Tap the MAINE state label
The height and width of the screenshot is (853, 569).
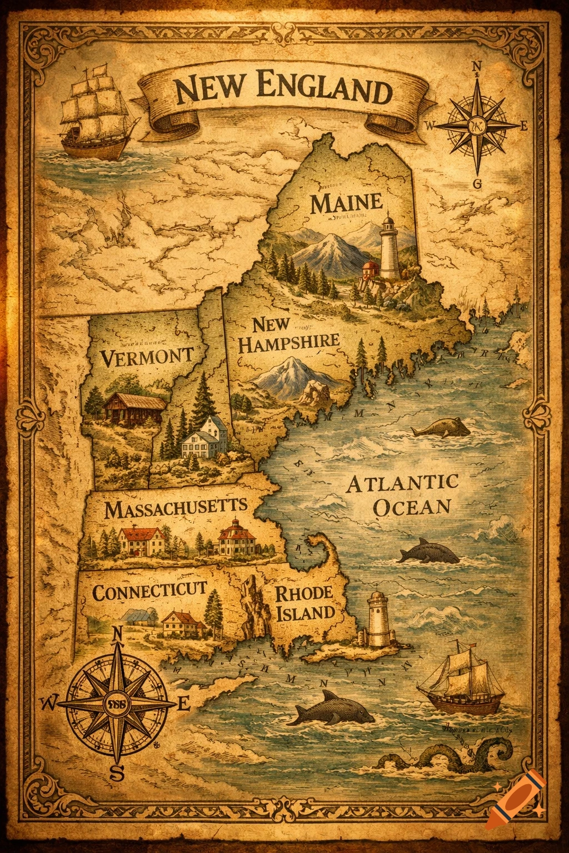(346, 203)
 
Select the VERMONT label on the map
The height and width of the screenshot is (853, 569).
(147, 356)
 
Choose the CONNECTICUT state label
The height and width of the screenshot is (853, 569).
(149, 591)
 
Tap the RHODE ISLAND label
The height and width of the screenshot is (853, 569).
(305, 603)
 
